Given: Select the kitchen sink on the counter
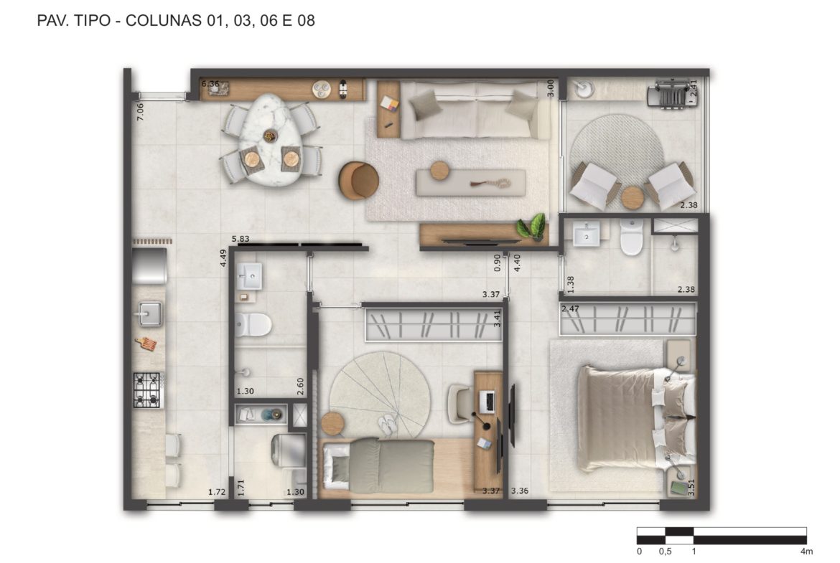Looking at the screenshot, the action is [x=150, y=314].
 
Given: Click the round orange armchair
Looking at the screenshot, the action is [x=358, y=181].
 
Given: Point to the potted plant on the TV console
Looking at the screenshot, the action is [x=533, y=226].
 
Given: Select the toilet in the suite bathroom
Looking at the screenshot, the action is [x=632, y=237].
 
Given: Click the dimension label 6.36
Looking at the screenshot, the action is [x=210, y=83].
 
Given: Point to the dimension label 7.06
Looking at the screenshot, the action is [x=140, y=111].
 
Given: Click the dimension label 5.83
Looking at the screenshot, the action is [x=241, y=240].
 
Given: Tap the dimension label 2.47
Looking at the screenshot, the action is [x=570, y=309].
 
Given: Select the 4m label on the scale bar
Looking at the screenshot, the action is [x=806, y=552].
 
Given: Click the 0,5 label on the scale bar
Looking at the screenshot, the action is [x=665, y=552].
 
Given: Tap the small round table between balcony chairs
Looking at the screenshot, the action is [x=633, y=198].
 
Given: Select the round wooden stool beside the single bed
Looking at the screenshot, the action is [x=332, y=424].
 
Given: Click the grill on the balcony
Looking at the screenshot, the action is [x=669, y=94].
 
